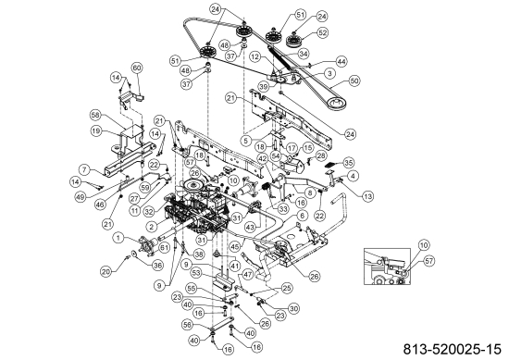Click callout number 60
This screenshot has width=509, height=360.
(x=137, y=68)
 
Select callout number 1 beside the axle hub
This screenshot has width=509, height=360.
(x=117, y=236)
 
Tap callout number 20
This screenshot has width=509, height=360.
(x=106, y=271)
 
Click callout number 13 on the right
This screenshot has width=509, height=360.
(x=367, y=196)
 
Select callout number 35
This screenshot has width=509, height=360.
(x=349, y=162)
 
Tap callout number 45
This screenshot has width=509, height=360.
(x=237, y=247)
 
